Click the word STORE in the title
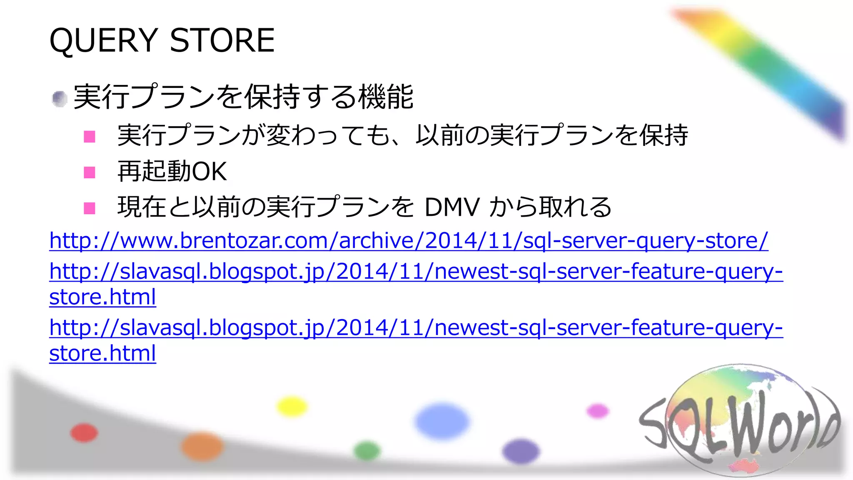pos(222,40)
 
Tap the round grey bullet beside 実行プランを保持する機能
pos(60,99)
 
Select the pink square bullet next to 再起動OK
pos(90,172)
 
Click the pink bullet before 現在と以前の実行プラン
pos(90,208)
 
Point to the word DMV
pos(452,207)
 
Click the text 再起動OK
pos(172,171)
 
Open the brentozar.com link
pos(408,240)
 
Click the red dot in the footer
pos(84,432)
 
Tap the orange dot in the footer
pos(202,446)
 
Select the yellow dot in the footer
pos(292,407)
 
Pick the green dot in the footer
pos(367,450)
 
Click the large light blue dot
pos(442,421)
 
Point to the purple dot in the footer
pos(521,451)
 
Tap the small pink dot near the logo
pos(598,411)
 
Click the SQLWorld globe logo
pos(739,421)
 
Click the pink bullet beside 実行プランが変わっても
pos(90,136)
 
